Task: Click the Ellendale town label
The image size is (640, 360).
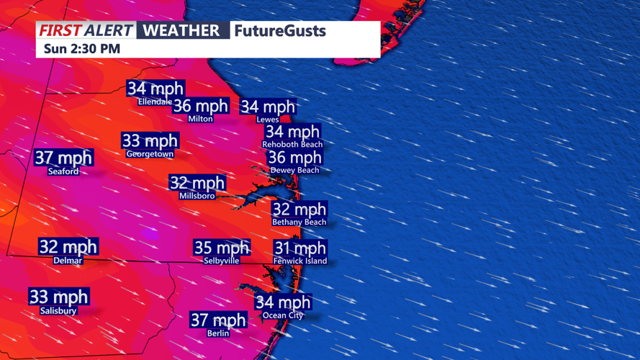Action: tap(155, 102)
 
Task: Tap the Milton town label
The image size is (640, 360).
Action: tap(200, 119)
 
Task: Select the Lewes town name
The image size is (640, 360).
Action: tap(267, 120)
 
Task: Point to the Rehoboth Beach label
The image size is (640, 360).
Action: tap(292, 145)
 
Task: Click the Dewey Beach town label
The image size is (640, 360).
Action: tap(294, 171)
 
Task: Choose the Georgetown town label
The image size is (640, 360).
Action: tap(150, 154)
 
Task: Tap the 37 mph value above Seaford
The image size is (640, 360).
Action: tap(63, 158)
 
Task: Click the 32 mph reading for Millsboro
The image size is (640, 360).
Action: tap(197, 183)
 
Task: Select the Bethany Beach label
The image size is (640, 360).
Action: tap(299, 222)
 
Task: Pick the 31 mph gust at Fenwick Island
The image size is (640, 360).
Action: tap(300, 248)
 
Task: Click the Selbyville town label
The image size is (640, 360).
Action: tap(222, 261)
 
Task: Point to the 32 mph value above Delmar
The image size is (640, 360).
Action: tap(68, 247)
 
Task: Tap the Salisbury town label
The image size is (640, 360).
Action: tap(58, 311)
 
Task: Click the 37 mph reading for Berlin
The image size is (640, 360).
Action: tap(218, 320)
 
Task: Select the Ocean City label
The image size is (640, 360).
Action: tap(283, 315)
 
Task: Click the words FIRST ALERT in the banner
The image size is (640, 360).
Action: tap(85, 30)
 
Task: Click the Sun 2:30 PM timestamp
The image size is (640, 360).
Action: tap(82, 49)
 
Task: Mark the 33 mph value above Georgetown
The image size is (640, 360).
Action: tap(150, 141)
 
